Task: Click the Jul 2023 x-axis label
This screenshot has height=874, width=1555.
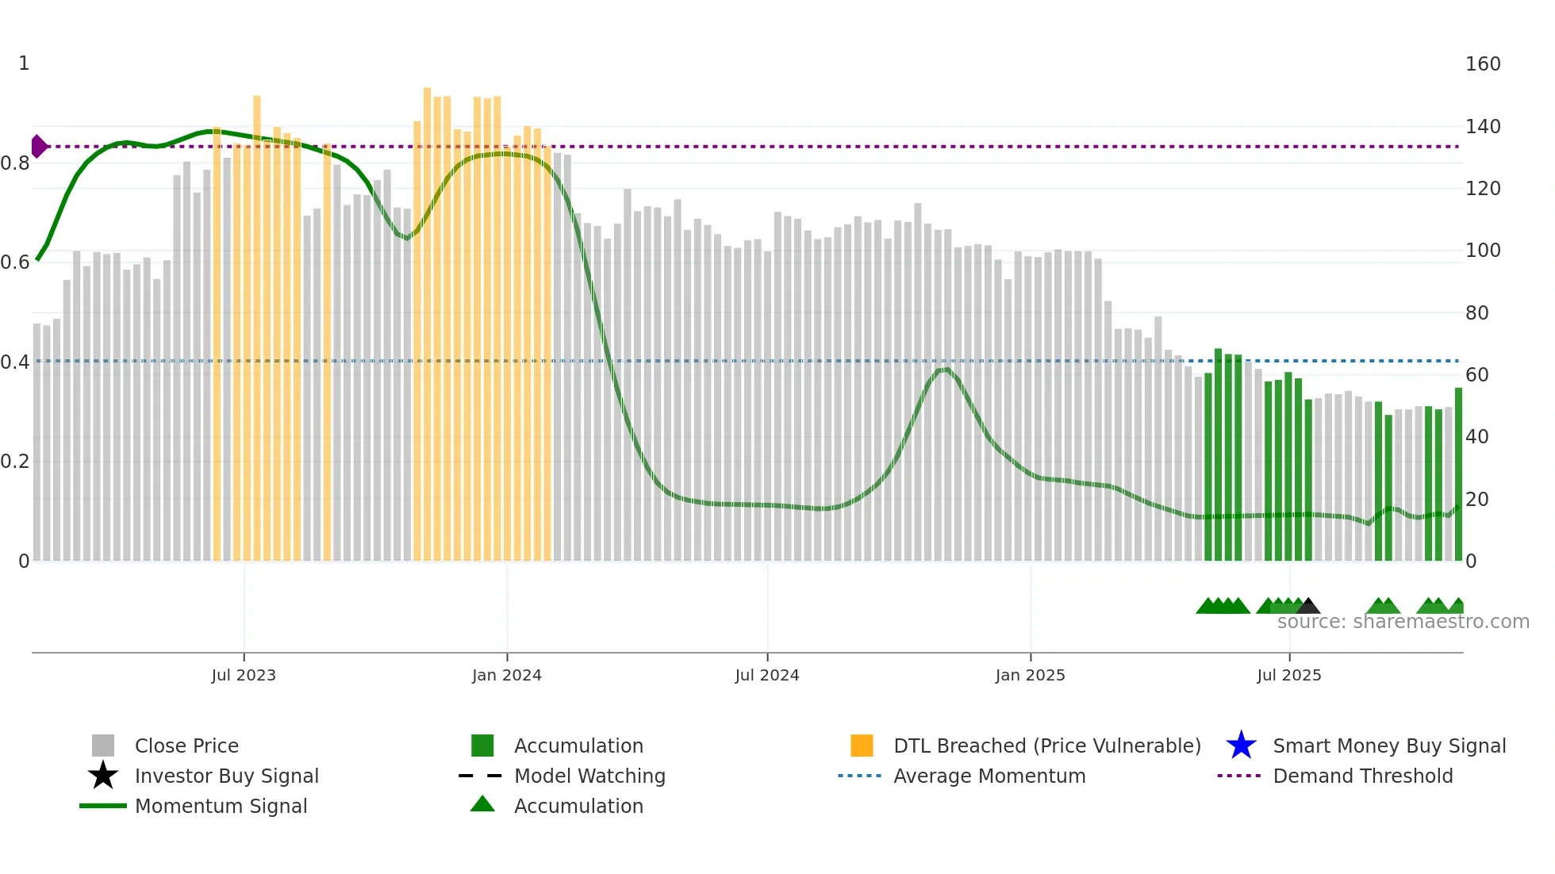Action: point(244,675)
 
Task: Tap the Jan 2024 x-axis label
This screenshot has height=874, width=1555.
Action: point(506,675)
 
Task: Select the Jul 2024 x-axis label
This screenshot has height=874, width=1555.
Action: point(766,675)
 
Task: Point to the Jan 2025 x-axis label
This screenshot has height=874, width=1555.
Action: point(1030,675)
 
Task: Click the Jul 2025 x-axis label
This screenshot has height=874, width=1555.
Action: point(1289,675)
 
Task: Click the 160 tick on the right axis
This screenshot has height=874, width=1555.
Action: point(1482,64)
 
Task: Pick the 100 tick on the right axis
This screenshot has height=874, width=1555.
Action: point(1482,251)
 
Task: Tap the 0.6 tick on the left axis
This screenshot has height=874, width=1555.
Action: point(15,263)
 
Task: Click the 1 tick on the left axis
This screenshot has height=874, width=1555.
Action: point(24,63)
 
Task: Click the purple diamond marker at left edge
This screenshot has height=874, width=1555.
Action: point(38,147)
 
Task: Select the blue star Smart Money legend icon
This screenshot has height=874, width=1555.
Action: point(1241,746)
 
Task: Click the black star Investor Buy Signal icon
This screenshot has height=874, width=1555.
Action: point(103,776)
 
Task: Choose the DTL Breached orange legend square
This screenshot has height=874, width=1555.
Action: point(862,746)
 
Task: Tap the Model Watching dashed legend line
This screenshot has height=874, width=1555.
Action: point(481,776)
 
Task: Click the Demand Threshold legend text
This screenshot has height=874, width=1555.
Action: point(1362,776)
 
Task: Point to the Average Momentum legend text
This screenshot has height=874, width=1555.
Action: point(989,776)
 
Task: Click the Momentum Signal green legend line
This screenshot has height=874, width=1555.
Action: point(103,806)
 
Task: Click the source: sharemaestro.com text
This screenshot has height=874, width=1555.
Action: point(1403,622)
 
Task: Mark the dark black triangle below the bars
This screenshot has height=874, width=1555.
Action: point(1307,607)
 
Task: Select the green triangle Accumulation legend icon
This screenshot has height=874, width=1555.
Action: point(482,805)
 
